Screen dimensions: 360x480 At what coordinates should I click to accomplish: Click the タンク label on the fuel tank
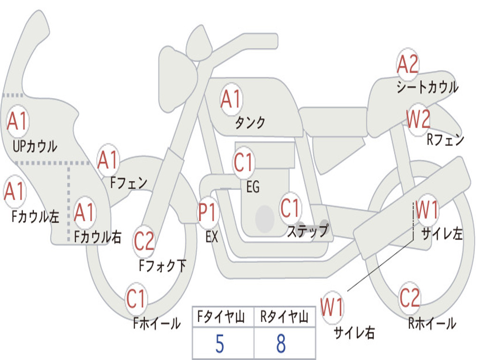[250, 123]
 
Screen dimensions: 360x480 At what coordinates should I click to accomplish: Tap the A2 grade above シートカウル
[407, 65]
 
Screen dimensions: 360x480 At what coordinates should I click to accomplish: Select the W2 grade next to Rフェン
[418, 120]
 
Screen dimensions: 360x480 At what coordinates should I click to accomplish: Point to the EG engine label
[253, 187]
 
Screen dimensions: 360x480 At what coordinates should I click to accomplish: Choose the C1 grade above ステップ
[290, 208]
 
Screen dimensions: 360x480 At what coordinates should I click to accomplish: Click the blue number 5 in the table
[219, 344]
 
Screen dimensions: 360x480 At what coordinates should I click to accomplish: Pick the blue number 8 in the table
[281, 344]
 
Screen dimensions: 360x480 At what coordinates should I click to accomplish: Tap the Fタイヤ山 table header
[222, 318]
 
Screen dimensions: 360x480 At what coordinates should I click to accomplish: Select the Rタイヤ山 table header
[284, 318]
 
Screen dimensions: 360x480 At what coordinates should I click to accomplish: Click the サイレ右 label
[354, 333]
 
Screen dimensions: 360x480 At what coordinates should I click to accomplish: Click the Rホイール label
[431, 323]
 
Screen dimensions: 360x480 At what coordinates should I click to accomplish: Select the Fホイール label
[157, 323]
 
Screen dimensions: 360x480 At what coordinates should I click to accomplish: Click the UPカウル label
[35, 146]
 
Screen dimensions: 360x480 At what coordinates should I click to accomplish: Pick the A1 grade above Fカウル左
[15, 192]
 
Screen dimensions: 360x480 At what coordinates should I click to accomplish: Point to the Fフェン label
[128, 183]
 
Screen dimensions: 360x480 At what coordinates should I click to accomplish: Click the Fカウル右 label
[98, 237]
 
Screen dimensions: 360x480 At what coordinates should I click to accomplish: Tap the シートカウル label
[427, 88]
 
